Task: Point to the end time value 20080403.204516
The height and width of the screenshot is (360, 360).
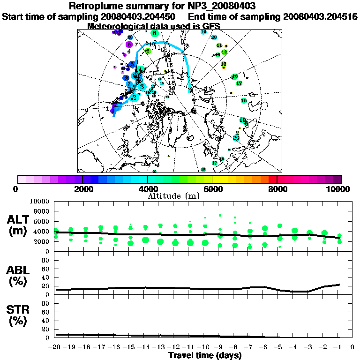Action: pyautogui.click(x=320, y=16)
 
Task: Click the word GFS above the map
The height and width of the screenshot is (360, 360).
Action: pyautogui.click(x=210, y=26)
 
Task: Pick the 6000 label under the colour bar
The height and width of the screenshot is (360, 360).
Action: pyautogui.click(x=212, y=189)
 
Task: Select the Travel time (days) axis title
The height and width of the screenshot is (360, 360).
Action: pyautogui.click(x=205, y=355)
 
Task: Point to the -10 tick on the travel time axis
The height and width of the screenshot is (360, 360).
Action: pyautogui.click(x=204, y=347)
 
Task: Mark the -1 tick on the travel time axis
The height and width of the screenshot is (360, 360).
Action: pyautogui.click(x=338, y=347)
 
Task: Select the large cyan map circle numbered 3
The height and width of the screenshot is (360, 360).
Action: pyautogui.click(x=142, y=86)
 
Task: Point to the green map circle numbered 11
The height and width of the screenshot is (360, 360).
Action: pyautogui.click(x=219, y=45)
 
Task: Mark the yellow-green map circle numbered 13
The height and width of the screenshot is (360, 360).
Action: pyautogui.click(x=224, y=64)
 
